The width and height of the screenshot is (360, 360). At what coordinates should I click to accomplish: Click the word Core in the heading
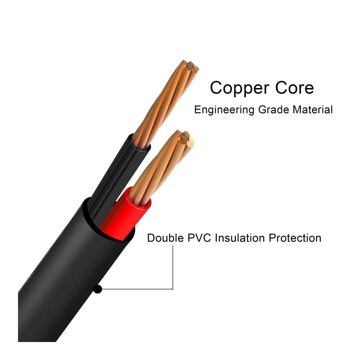[294, 87]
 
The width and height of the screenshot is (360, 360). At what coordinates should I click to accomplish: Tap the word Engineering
[224, 110]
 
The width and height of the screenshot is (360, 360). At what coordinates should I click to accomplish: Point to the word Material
[312, 109]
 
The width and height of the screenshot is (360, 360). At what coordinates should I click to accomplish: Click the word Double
[165, 238]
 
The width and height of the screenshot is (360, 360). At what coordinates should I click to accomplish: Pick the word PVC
[199, 238]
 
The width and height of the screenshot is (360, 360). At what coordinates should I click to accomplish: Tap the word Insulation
[240, 238]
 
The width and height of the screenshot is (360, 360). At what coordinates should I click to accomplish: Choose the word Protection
[295, 238]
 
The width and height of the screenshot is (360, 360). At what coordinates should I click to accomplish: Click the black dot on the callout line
[98, 289]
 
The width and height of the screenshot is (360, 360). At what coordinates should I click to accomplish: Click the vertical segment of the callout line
[173, 267]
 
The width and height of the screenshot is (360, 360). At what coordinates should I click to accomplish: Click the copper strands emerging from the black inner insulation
[166, 103]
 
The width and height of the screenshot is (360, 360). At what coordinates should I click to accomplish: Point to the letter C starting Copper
[217, 87]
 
